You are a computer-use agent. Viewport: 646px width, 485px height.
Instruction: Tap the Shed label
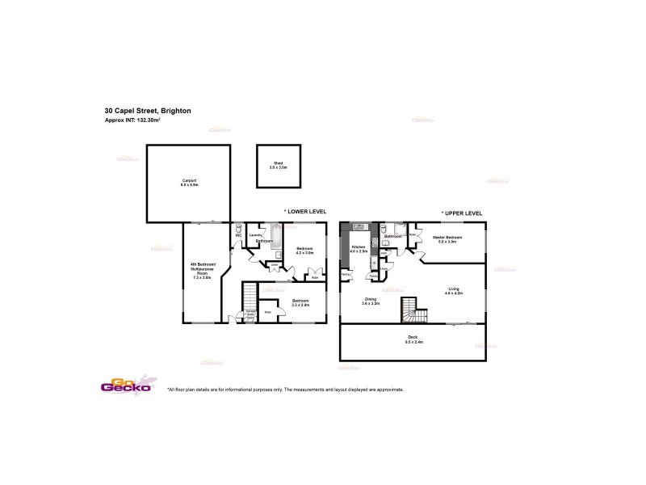click(x=278, y=164)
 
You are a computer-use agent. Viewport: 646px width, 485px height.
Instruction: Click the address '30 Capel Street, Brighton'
click(x=148, y=111)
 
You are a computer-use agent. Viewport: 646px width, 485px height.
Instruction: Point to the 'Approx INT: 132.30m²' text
click(x=132, y=120)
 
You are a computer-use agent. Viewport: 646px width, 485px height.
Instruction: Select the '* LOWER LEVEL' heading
click(x=305, y=212)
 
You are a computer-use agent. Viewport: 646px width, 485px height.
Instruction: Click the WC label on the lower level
click(x=239, y=237)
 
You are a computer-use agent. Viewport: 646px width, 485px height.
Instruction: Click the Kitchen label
click(x=358, y=249)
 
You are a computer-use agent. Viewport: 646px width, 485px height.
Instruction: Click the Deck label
click(x=413, y=340)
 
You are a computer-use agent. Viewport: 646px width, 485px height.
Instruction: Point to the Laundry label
click(x=254, y=234)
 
